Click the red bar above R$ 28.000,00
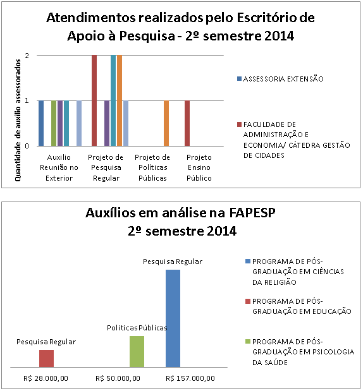[46, 358]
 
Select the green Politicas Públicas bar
[137, 351]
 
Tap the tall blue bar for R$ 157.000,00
[173, 318]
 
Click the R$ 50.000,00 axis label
[118, 378]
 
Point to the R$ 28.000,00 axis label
[46, 378]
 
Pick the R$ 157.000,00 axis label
[190, 378]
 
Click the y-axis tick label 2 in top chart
[27, 56]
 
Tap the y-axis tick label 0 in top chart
[27, 146]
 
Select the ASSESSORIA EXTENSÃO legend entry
[280, 79]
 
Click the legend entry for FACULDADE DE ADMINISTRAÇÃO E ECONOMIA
[293, 140]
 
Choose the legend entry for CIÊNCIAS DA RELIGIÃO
[295, 272]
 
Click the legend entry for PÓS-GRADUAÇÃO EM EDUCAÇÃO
[298, 306]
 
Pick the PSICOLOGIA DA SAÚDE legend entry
[300, 352]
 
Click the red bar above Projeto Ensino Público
[187, 123]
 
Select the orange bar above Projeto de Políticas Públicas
[166, 123]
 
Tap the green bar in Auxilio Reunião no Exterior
[54, 123]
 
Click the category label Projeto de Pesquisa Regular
[106, 167]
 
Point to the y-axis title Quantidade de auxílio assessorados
[18, 120]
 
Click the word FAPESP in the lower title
[252, 213]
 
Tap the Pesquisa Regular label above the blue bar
[173, 262]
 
